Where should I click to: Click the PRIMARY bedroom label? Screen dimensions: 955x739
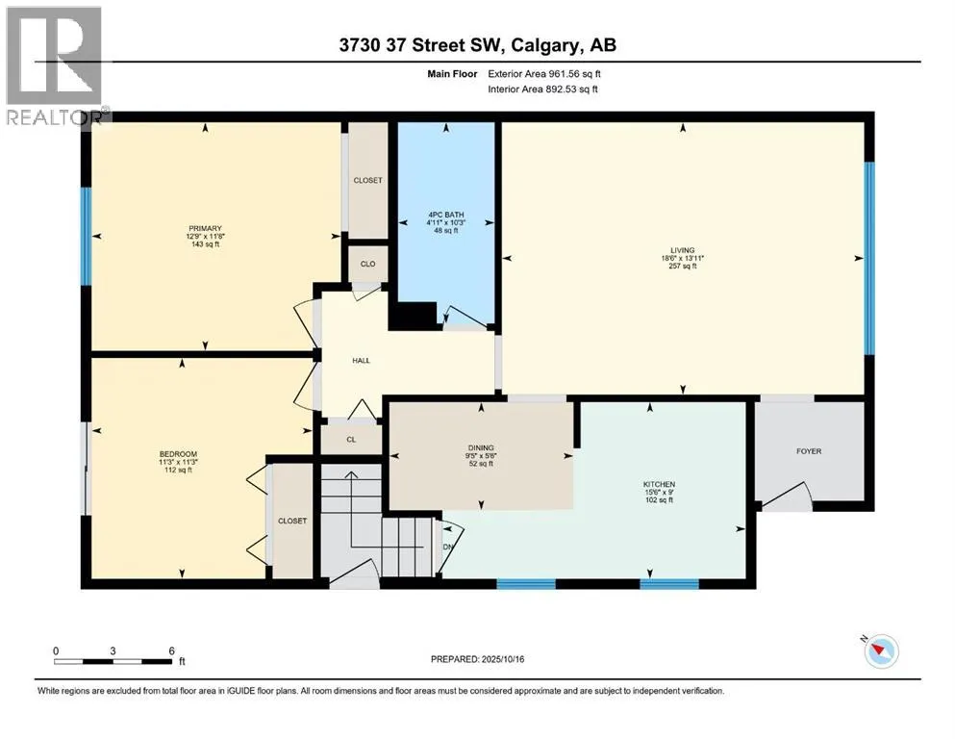pyautogui.click(x=205, y=228)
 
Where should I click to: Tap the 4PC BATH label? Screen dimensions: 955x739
pyautogui.click(x=446, y=215)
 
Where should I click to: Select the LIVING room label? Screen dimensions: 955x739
pyautogui.click(x=683, y=250)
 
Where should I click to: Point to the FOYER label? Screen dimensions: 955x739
pyautogui.click(x=809, y=451)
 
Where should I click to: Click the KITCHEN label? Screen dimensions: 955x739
pyautogui.click(x=659, y=484)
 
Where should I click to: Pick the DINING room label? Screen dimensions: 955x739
pyautogui.click(x=481, y=447)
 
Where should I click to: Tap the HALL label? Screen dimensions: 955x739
pyautogui.click(x=362, y=361)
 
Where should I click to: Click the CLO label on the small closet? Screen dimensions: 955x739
pyautogui.click(x=368, y=264)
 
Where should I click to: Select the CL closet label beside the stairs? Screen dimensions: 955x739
pyautogui.click(x=351, y=439)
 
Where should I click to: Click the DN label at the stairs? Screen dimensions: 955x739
pyautogui.click(x=448, y=548)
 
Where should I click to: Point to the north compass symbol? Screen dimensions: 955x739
pyautogui.click(x=880, y=650)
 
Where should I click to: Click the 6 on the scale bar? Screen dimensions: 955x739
pyautogui.click(x=172, y=650)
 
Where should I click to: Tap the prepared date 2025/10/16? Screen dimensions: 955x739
pyautogui.click(x=503, y=659)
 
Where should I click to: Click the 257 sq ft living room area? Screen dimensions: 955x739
pyautogui.click(x=683, y=266)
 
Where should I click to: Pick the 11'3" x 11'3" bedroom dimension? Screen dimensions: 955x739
pyautogui.click(x=178, y=462)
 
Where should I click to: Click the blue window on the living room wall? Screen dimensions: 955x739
pyautogui.click(x=869, y=258)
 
